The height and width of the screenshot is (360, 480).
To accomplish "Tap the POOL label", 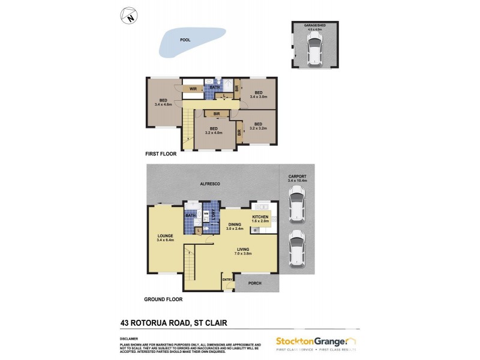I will click(185, 40).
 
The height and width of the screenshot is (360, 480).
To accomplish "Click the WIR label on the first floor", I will click(193, 89).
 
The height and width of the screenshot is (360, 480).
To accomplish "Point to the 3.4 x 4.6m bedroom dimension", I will click(163, 104).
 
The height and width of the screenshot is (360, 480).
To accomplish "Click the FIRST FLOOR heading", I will click(161, 154).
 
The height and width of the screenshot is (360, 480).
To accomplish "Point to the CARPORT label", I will click(298, 178).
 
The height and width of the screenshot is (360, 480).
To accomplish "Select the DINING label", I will click(234, 224).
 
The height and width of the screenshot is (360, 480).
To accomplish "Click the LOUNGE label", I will click(165, 236).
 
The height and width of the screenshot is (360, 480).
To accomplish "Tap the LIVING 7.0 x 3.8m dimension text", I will click(242, 253).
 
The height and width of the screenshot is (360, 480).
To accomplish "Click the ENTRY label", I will click(228, 279).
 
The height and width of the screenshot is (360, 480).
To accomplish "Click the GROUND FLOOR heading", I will click(163, 299).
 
